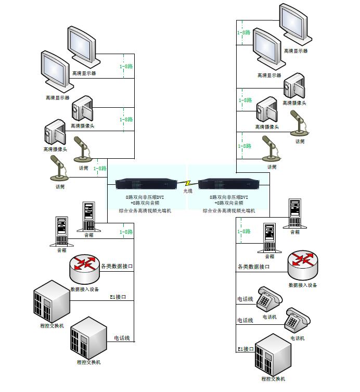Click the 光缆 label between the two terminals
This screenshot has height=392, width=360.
click(187, 192)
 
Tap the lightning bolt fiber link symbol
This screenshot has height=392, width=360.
click(187, 183)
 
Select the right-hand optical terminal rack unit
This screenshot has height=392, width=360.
click(228, 184)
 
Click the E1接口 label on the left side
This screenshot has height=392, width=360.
click(118, 297)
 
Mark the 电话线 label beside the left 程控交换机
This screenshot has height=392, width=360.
click(123, 338)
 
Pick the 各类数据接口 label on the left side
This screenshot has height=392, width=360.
click(117, 267)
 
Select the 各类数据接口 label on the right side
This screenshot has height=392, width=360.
click(254, 267)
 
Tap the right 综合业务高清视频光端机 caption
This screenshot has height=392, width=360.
click(229, 211)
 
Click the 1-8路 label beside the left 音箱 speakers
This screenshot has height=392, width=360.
click(126, 232)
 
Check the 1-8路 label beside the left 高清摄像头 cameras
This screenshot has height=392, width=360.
click(126, 119)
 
